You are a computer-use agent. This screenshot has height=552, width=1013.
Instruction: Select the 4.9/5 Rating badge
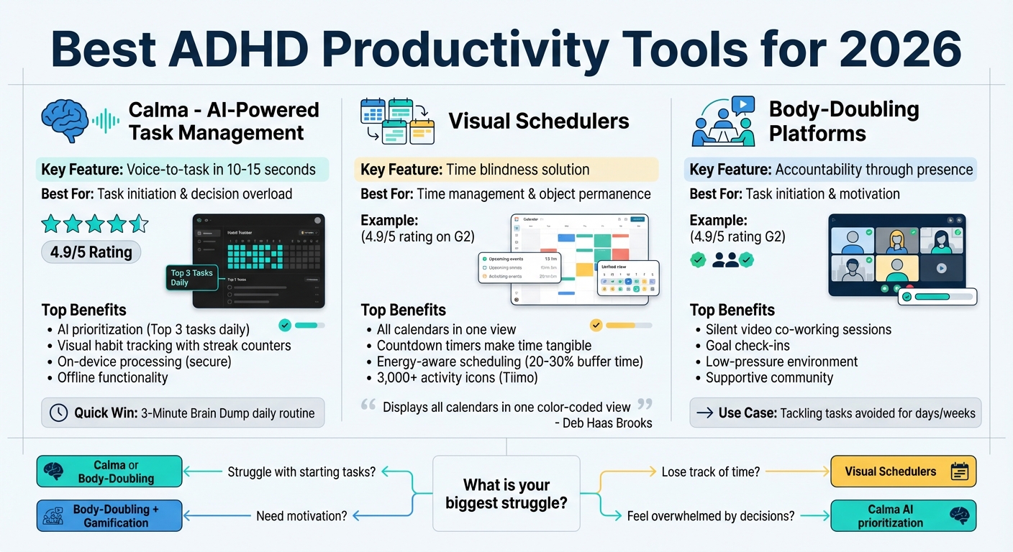tap(91, 252)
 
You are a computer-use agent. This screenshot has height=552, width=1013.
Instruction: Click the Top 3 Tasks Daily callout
tap(191, 277)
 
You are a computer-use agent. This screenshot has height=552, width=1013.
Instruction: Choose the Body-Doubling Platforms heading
tap(843, 121)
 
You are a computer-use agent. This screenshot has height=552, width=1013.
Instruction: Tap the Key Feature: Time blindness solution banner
tap(506, 170)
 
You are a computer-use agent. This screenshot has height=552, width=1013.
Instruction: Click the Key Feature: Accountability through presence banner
tap(830, 170)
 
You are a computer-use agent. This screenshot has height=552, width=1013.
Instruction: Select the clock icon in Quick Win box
tap(59, 413)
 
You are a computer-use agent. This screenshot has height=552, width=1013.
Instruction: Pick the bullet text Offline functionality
tap(112, 377)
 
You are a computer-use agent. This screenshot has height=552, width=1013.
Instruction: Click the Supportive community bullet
tap(769, 377)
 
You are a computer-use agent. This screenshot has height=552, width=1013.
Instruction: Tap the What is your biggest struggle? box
tap(506, 494)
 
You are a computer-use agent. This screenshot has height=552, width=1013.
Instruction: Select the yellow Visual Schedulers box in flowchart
tap(903, 471)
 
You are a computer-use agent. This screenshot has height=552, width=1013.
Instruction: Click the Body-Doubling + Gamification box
tap(109, 516)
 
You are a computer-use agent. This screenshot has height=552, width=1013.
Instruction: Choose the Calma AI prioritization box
tap(903, 516)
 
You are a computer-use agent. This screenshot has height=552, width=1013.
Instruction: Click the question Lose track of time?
tap(710, 471)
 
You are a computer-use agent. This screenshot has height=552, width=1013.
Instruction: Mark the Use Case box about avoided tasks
tap(835, 413)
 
